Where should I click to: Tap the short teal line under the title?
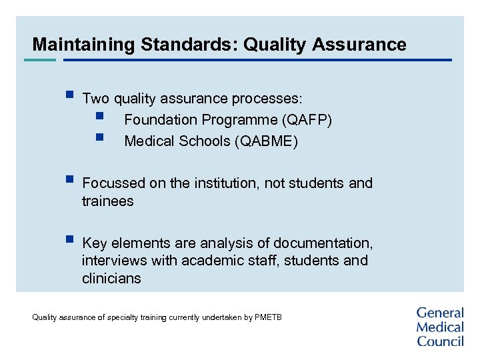(x=40, y=60)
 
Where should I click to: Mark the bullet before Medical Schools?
(x=99, y=138)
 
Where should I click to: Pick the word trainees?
(x=107, y=201)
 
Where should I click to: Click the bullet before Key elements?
(x=69, y=239)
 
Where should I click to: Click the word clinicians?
(x=111, y=279)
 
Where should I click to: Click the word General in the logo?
(x=440, y=313)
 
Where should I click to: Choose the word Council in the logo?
(x=440, y=341)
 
